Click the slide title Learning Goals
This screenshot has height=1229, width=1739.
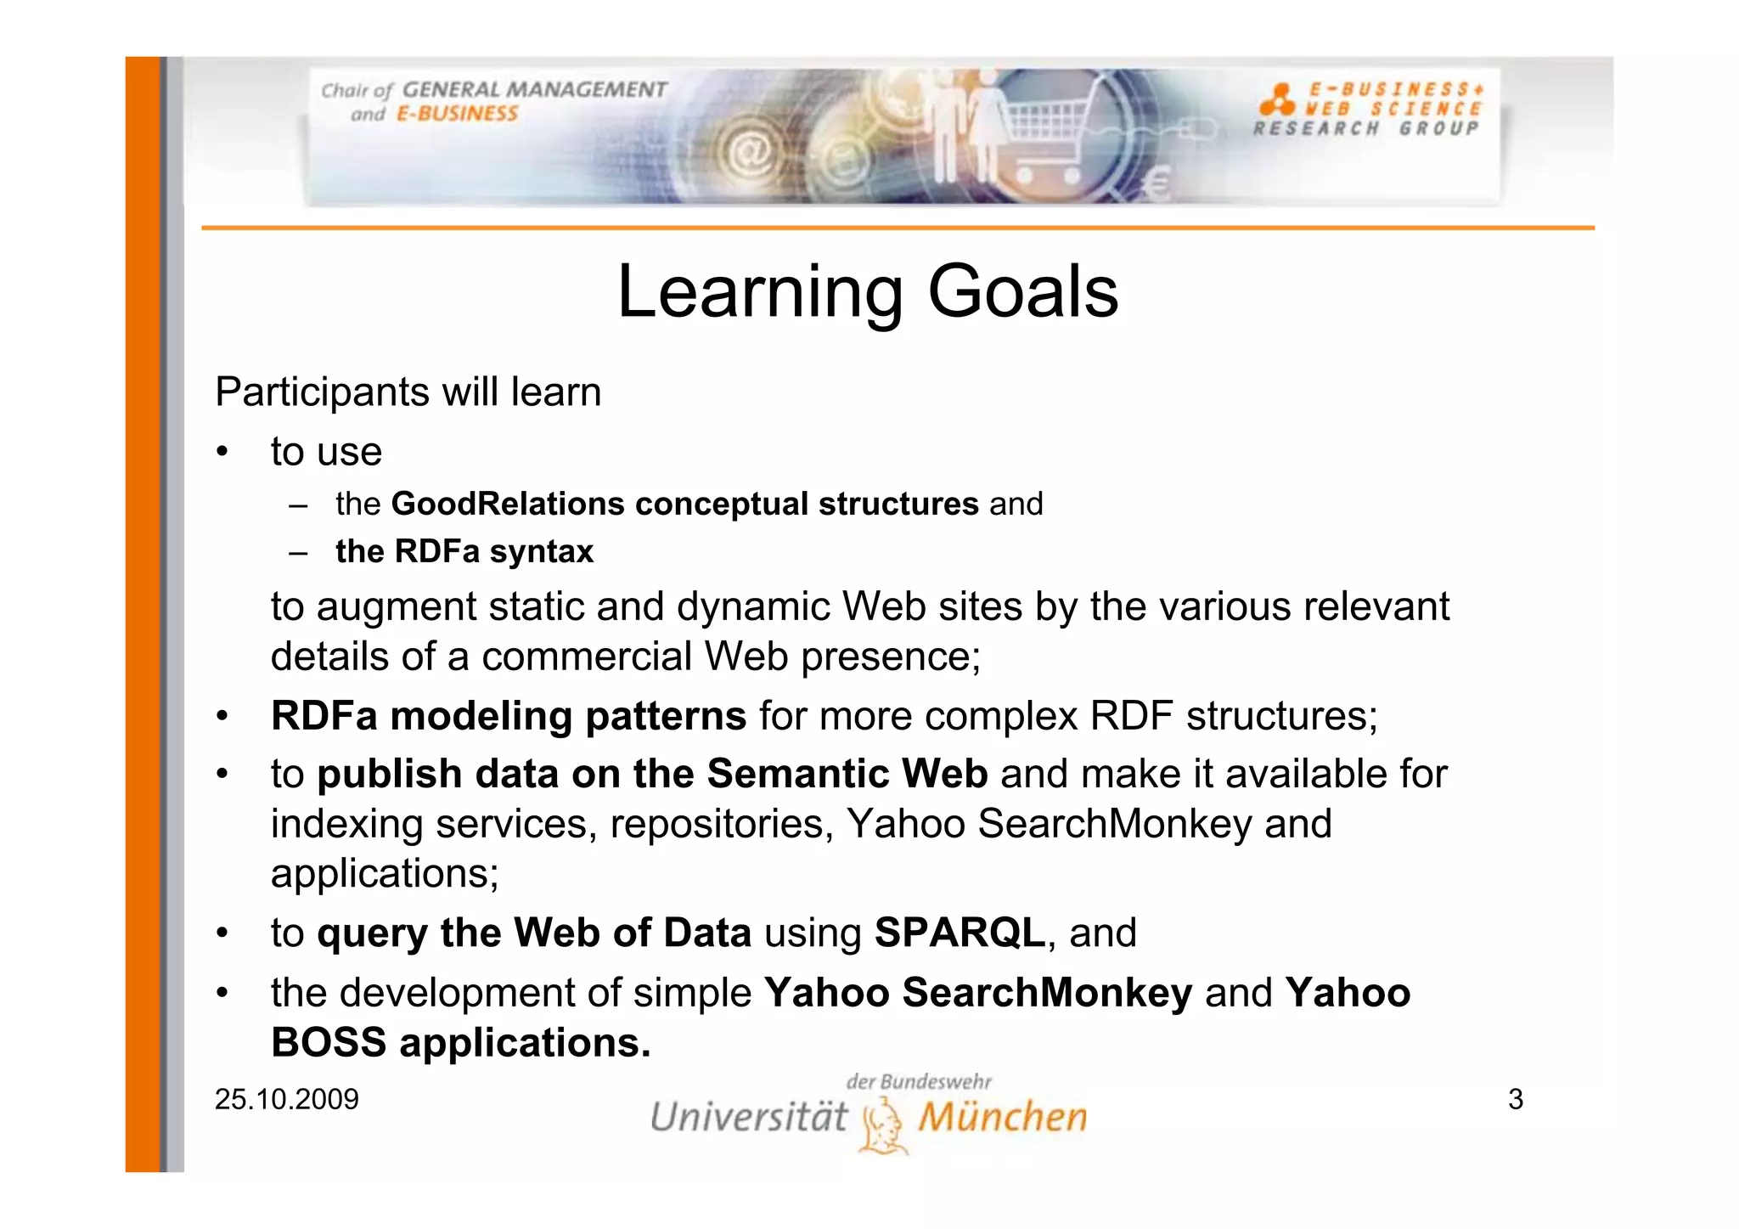pyautogui.click(x=868, y=291)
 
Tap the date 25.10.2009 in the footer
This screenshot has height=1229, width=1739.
pyautogui.click(x=287, y=1099)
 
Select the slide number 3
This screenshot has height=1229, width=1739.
pyautogui.click(x=1516, y=1099)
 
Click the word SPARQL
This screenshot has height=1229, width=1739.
pyautogui.click(x=960, y=933)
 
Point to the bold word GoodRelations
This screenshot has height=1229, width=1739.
pyautogui.click(x=507, y=504)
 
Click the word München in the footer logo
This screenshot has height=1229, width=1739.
pyautogui.click(x=1003, y=1117)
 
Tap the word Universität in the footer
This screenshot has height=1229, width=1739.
pyautogui.click(x=749, y=1117)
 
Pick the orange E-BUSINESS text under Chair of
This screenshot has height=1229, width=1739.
pyautogui.click(x=457, y=115)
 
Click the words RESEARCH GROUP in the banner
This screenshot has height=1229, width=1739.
pyautogui.click(x=1366, y=129)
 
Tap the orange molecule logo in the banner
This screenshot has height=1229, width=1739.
pyautogui.click(x=1276, y=100)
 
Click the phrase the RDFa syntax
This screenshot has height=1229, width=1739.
pyautogui.click(x=464, y=552)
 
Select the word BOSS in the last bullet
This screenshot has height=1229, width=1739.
pyautogui.click(x=329, y=1043)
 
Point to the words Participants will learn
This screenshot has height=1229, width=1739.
pyautogui.click(x=408, y=392)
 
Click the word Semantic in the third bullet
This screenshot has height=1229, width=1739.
pyautogui.click(x=797, y=774)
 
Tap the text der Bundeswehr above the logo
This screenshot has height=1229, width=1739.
pyautogui.click(x=919, y=1082)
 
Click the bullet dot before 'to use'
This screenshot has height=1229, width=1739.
pyautogui.click(x=222, y=452)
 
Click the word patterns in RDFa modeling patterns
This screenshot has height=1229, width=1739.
pyautogui.click(x=665, y=716)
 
